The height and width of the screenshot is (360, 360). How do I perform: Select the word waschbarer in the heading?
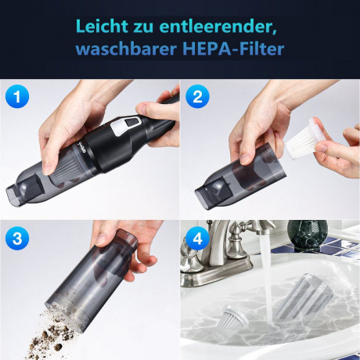coord(127,49)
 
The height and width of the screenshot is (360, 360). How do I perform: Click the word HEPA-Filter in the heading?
coord(233,49)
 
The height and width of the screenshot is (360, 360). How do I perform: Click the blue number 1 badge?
coord(17,96)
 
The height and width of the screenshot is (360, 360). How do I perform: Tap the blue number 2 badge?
coord(197,96)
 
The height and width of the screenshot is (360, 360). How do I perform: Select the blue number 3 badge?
coord(17,238)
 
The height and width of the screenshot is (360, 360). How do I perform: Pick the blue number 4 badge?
coord(197,238)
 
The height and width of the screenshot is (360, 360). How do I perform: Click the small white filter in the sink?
coord(233,322)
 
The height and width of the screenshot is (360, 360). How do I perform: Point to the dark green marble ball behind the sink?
coord(308,236)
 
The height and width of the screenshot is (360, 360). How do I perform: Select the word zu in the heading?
coord(143,27)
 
